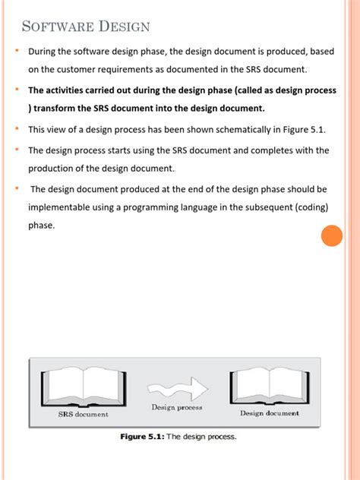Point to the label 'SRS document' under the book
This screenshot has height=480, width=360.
coord(84,414)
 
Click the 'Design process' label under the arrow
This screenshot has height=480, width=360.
coord(176,408)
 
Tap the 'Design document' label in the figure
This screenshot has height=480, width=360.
coord(270,413)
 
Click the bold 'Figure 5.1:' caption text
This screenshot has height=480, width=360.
coord(142,437)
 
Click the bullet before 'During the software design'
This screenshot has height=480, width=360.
coord(17,52)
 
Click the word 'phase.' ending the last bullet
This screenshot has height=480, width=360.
coord(42,226)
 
